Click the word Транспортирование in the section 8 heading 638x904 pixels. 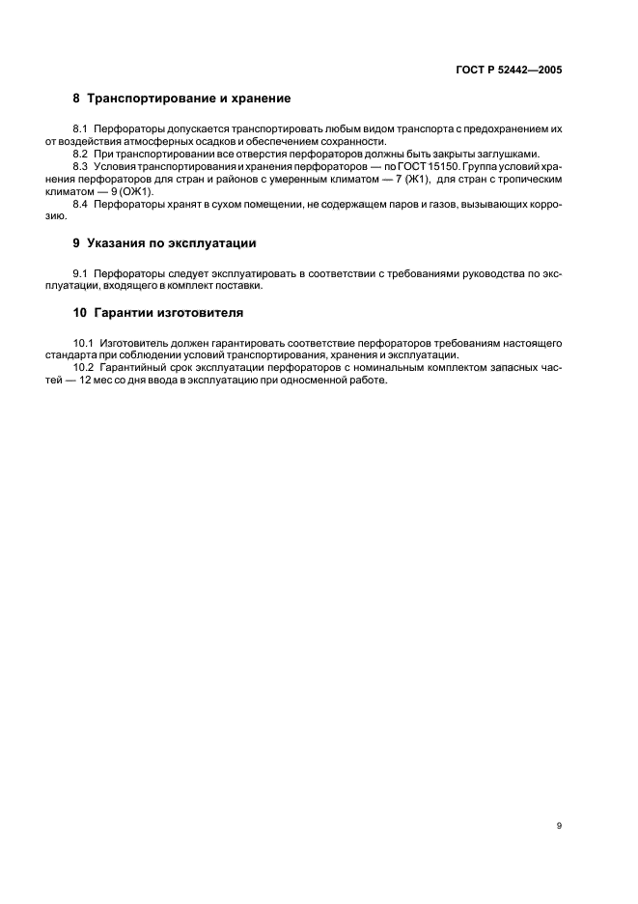pos(153,99)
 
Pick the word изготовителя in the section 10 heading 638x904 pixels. pos(205,313)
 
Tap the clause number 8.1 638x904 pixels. pos(80,128)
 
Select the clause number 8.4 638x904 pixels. pos(80,204)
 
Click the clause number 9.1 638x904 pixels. pos(80,273)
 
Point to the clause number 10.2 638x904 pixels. pos(83,368)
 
